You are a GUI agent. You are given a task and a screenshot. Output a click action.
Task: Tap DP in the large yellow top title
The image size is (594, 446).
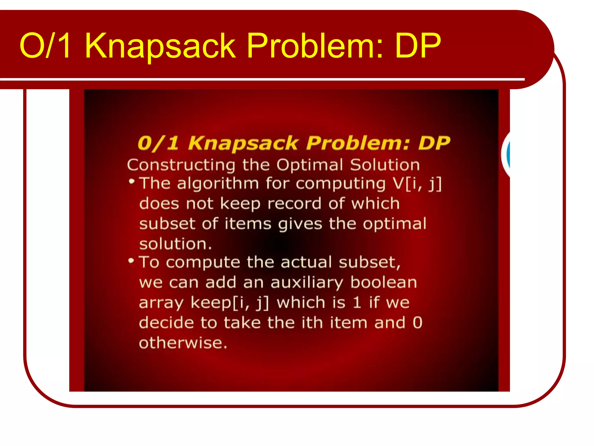(418, 46)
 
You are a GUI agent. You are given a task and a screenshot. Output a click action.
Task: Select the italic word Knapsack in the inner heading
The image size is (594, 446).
(243, 143)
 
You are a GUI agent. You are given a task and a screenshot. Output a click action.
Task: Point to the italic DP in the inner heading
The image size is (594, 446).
(434, 143)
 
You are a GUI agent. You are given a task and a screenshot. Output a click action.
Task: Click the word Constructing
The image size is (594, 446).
(181, 165)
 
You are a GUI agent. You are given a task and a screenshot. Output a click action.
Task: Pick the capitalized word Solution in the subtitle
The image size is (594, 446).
(385, 165)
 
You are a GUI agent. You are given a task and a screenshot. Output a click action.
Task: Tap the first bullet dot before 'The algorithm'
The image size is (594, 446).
(132, 181)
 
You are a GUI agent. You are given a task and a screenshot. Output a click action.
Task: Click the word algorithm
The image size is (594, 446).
(218, 184)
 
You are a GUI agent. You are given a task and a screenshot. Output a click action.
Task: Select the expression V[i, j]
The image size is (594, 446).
(417, 184)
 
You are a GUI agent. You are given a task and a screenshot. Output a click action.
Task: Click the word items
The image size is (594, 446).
(248, 224)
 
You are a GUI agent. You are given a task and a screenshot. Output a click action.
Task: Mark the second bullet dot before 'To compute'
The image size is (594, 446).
(131, 260)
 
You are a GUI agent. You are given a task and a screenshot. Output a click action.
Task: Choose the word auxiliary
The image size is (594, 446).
(307, 283)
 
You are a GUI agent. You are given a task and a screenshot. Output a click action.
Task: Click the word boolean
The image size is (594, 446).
(383, 282)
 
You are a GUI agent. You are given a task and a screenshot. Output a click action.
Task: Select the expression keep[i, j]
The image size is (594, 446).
(230, 303)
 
